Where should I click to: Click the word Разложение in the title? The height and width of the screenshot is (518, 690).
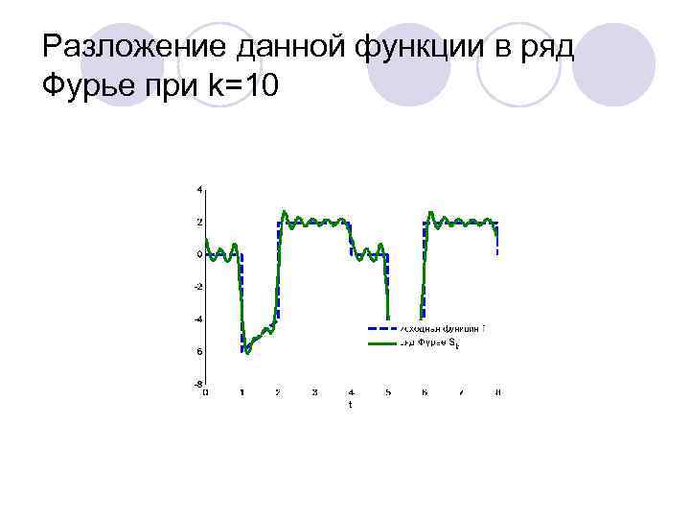tap(119, 46)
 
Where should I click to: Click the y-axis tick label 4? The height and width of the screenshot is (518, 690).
tap(198, 190)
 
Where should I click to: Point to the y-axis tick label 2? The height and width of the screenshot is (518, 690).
tap(198, 222)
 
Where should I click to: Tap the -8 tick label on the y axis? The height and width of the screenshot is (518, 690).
tap(196, 383)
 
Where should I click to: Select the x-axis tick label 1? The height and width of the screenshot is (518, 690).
tap(241, 392)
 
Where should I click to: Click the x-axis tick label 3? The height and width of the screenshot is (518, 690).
tap(314, 392)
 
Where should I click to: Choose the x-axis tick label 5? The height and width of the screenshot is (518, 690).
tap(388, 392)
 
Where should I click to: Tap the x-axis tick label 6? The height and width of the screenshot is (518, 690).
tap(425, 392)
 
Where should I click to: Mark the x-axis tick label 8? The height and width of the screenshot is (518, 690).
tap(498, 392)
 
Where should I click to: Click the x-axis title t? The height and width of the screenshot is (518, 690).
tap(350, 405)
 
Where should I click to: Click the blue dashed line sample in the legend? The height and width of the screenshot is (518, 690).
tap(381, 329)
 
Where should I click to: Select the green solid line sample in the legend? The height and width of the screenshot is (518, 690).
tap(381, 342)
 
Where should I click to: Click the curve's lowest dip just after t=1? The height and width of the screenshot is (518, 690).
tap(246, 351)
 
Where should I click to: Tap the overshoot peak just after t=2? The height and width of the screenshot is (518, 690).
tap(284, 211)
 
